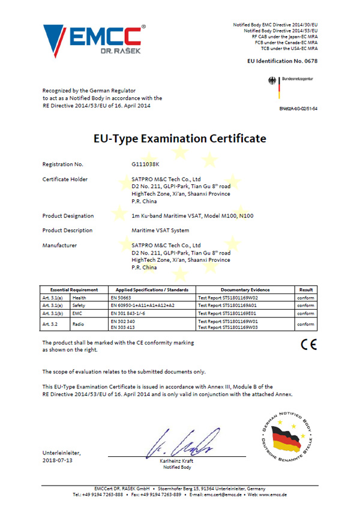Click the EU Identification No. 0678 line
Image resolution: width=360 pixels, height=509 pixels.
tap(282, 61)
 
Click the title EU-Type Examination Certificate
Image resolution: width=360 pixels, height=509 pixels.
tap(179, 139)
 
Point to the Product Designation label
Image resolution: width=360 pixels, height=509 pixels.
tap(68, 215)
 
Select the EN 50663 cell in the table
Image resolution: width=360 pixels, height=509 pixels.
tap(122, 297)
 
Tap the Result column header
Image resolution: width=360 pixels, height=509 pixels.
tap(306, 290)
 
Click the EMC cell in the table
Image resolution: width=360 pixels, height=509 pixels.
tap(77, 313)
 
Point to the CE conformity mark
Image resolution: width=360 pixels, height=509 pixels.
tap(308, 345)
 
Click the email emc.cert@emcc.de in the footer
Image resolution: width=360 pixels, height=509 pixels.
tap(223, 494)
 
